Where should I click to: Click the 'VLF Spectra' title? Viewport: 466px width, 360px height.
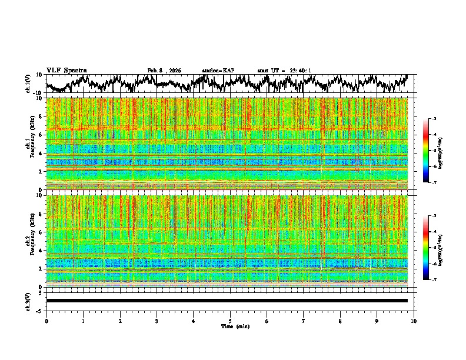66,71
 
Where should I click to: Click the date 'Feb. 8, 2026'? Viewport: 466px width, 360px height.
164,71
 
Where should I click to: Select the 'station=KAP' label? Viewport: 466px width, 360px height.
218,71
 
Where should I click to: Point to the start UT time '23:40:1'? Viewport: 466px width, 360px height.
300,71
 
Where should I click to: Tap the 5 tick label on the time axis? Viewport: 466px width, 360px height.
230,321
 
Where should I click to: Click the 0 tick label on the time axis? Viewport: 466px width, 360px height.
46,321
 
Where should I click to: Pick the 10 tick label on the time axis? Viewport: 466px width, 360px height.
414,321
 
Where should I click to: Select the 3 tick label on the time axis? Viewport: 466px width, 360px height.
157,321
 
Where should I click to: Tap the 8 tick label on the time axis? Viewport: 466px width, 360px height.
340,321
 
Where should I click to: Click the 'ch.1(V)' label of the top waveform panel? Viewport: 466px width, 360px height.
29,84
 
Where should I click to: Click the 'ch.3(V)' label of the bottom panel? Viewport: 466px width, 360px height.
29,301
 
